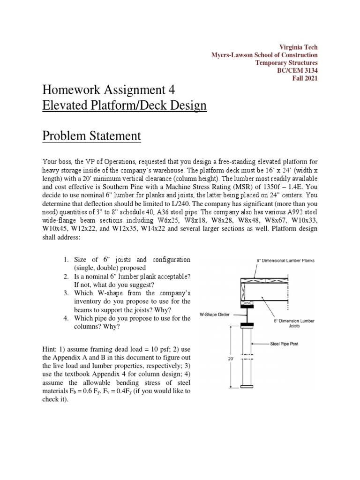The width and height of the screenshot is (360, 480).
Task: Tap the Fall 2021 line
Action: click(x=305, y=78)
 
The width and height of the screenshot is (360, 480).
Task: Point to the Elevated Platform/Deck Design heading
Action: click(x=124, y=105)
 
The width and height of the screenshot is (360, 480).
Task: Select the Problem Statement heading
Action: click(x=91, y=136)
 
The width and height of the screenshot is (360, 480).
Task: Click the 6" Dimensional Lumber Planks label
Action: click(x=285, y=261)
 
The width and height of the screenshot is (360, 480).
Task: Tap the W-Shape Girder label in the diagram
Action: click(x=215, y=315)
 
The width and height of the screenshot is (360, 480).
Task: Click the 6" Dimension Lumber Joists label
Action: click(x=294, y=323)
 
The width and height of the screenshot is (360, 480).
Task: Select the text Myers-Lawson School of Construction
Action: click(x=264, y=55)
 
